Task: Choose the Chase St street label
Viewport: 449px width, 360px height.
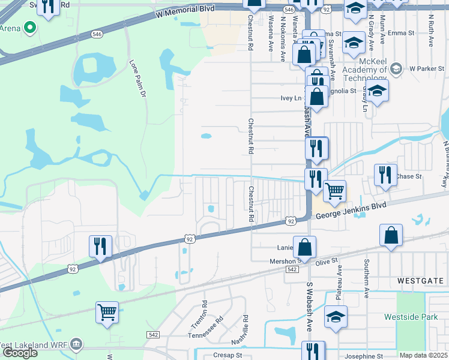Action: pyautogui.click(x=409, y=177)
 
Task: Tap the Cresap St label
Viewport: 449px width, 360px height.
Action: pyautogui.click(x=225, y=355)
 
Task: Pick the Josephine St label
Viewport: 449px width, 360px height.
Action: pyautogui.click(x=363, y=356)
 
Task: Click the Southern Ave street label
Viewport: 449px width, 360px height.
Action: pyautogui.click(x=366, y=278)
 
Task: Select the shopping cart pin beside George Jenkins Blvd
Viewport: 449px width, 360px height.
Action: pyautogui.click(x=335, y=191)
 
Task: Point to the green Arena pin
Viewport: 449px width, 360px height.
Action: pyautogui.click(x=28, y=28)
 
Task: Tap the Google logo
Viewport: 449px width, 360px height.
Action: pyautogui.click(x=20, y=353)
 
